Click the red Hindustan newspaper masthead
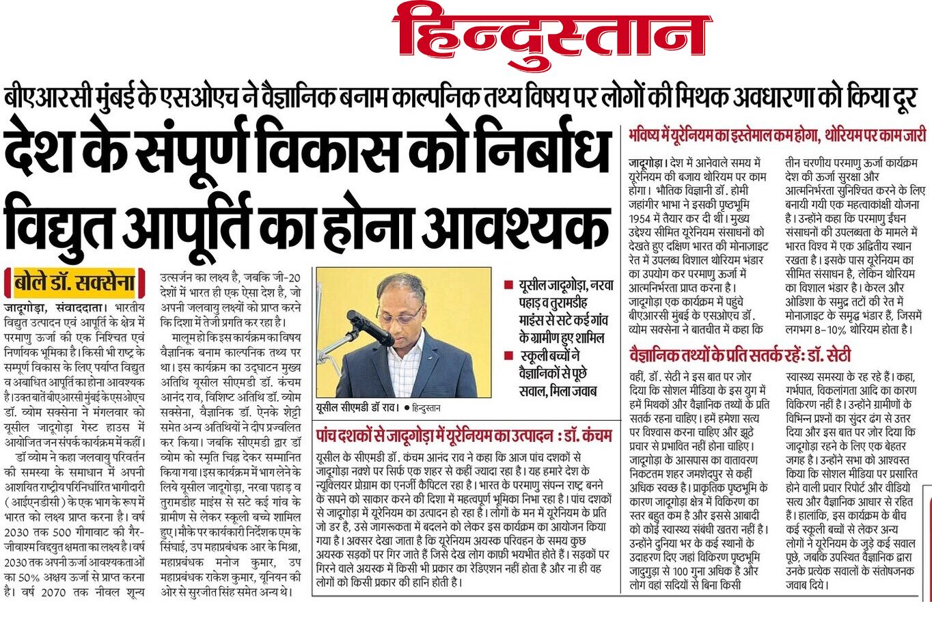(552, 34)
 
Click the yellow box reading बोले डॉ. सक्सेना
(75, 282)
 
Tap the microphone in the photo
(369, 327)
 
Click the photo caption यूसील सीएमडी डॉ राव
(357, 407)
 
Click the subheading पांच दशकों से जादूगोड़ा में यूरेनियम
(464, 435)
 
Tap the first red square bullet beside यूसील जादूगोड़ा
(508, 285)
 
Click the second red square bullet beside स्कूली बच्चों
(508, 355)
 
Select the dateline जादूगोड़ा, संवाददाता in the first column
(55, 308)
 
